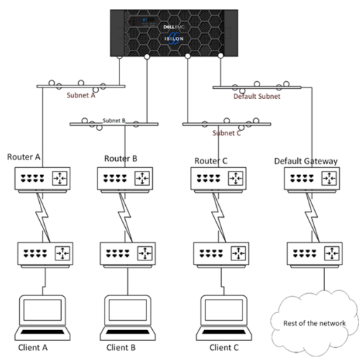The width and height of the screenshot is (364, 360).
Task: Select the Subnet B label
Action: coord(113,121)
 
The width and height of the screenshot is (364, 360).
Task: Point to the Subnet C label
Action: coord(226,132)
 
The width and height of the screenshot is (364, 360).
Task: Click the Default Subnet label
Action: coord(257,95)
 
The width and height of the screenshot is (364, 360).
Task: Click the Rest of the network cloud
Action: coord(311,321)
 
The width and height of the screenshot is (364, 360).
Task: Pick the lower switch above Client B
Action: coord(125,254)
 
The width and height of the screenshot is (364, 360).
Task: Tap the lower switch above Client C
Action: coord(220,254)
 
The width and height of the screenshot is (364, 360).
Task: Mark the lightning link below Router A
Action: coord(41,216)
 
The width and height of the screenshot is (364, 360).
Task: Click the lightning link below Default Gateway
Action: coord(311,216)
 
